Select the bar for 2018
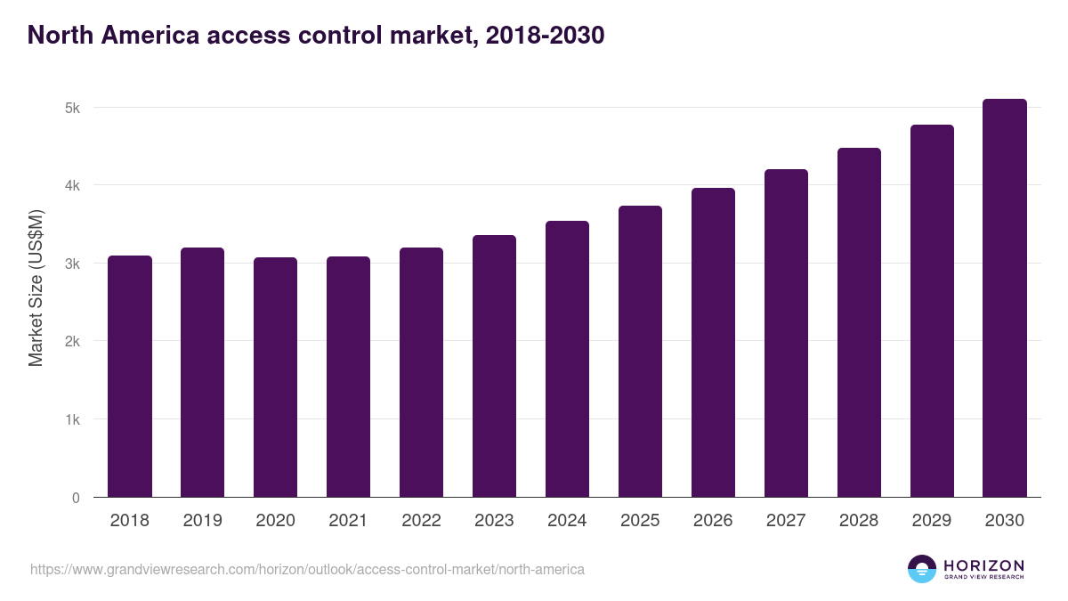click(x=130, y=377)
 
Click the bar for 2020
click(x=276, y=378)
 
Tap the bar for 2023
click(x=494, y=366)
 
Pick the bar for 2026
click(x=713, y=343)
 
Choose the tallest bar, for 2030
click(x=1005, y=298)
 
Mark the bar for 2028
click(x=859, y=322)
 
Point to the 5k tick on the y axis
click(x=72, y=108)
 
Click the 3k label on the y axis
click(x=72, y=264)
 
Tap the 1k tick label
click(x=72, y=420)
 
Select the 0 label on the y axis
click(x=76, y=498)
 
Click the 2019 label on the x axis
click(x=203, y=521)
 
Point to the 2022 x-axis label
click(x=421, y=521)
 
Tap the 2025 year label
click(x=640, y=521)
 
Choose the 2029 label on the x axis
click(x=932, y=521)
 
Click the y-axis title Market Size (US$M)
click(x=36, y=288)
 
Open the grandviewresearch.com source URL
click(x=307, y=569)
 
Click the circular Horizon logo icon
click(x=922, y=569)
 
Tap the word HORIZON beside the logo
click(x=983, y=565)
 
